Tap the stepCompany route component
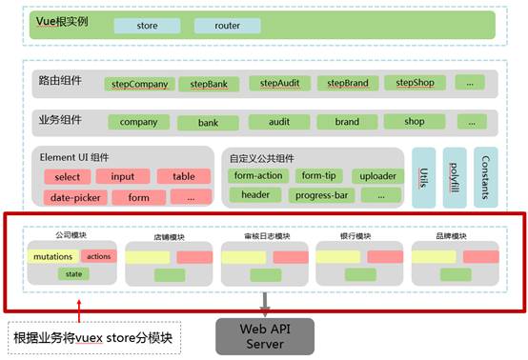[x=139, y=84]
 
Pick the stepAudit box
[x=279, y=84]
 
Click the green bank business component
[x=208, y=123]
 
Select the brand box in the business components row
[x=347, y=123]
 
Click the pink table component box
[x=184, y=177]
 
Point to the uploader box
[x=376, y=176]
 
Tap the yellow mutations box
[x=52, y=257]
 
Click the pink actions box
[x=98, y=257]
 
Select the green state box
[x=71, y=274]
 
